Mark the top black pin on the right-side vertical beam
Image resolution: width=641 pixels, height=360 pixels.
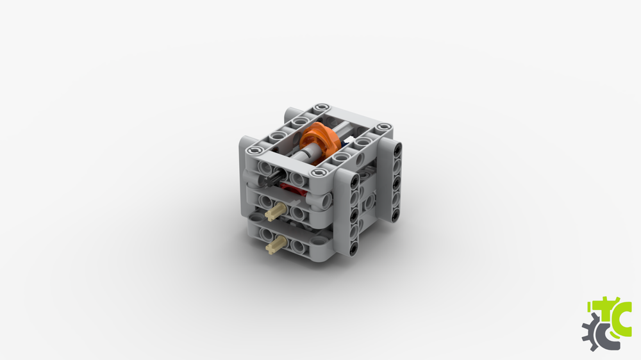tap(398, 149)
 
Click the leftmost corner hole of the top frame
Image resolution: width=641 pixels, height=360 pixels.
tap(258, 150)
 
